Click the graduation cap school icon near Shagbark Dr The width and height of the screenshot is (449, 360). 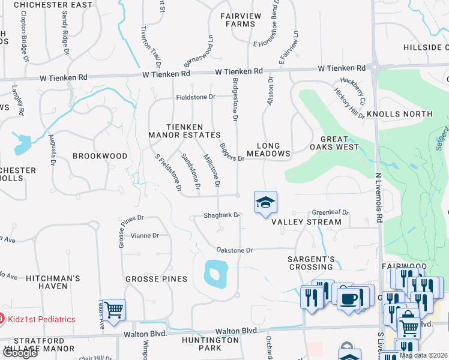tap(265, 202)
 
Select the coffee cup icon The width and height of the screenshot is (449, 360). tap(348, 298)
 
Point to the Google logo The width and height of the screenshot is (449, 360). tap(19, 353)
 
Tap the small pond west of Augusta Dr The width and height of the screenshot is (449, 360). tap(23, 145)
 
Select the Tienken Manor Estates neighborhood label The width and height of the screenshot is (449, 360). tap(184, 131)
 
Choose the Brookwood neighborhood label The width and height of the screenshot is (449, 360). tap(100, 156)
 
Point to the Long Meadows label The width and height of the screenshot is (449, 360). tap(273, 149)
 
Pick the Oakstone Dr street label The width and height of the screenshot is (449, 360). tap(235, 250)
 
